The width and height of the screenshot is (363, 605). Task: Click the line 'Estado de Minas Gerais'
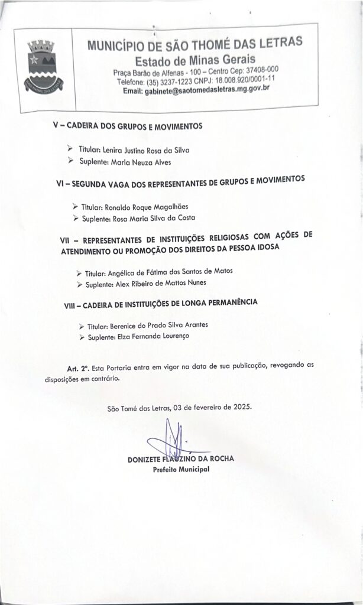pos(195,60)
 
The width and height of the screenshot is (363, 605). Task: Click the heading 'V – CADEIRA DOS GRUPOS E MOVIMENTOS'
pos(128,126)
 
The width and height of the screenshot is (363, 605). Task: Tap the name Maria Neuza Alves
pos(141,161)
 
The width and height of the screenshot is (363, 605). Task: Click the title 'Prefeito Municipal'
pos(181,470)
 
